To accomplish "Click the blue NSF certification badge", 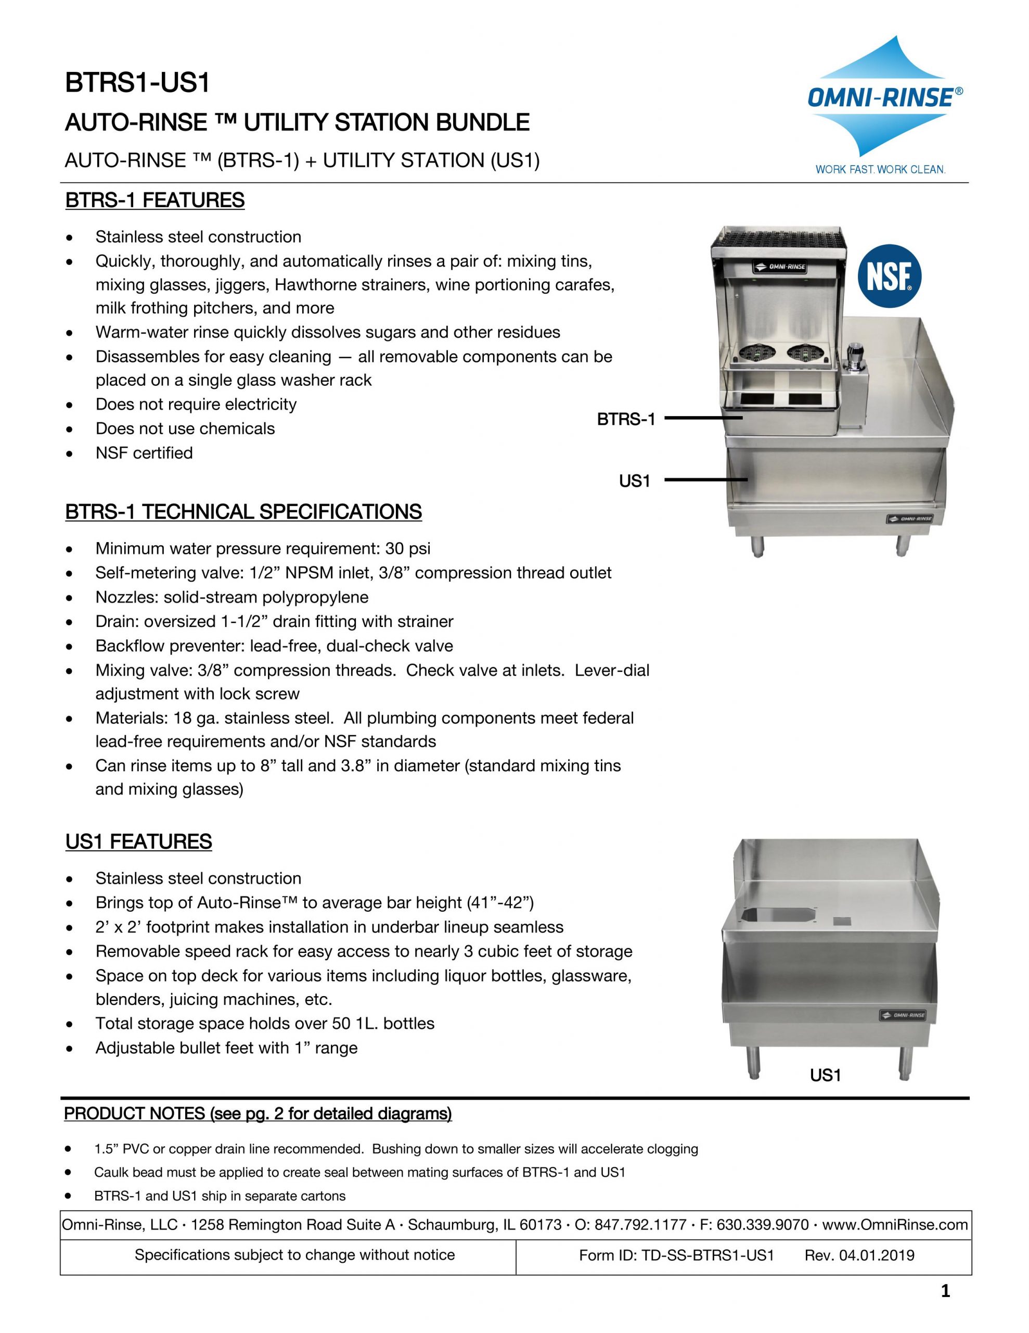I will [889, 278].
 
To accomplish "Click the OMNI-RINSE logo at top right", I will [885, 98].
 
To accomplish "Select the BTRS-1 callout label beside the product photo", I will [626, 419].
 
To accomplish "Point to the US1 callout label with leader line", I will [634, 481].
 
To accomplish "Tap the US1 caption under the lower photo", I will [825, 1075].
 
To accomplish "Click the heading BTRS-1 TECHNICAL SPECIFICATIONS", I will [243, 511].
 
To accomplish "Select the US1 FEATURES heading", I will [138, 841].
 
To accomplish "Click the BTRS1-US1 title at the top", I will [137, 83].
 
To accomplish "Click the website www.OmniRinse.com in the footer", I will [895, 1224].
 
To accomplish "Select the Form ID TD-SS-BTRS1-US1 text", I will [676, 1255].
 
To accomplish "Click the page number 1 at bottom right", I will [945, 1291].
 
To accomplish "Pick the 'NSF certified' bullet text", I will [144, 453].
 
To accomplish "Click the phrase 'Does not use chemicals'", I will [185, 429].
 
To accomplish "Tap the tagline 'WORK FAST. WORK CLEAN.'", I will [880, 169].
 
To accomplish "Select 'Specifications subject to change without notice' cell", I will [294, 1255].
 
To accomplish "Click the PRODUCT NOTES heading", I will [258, 1113].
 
